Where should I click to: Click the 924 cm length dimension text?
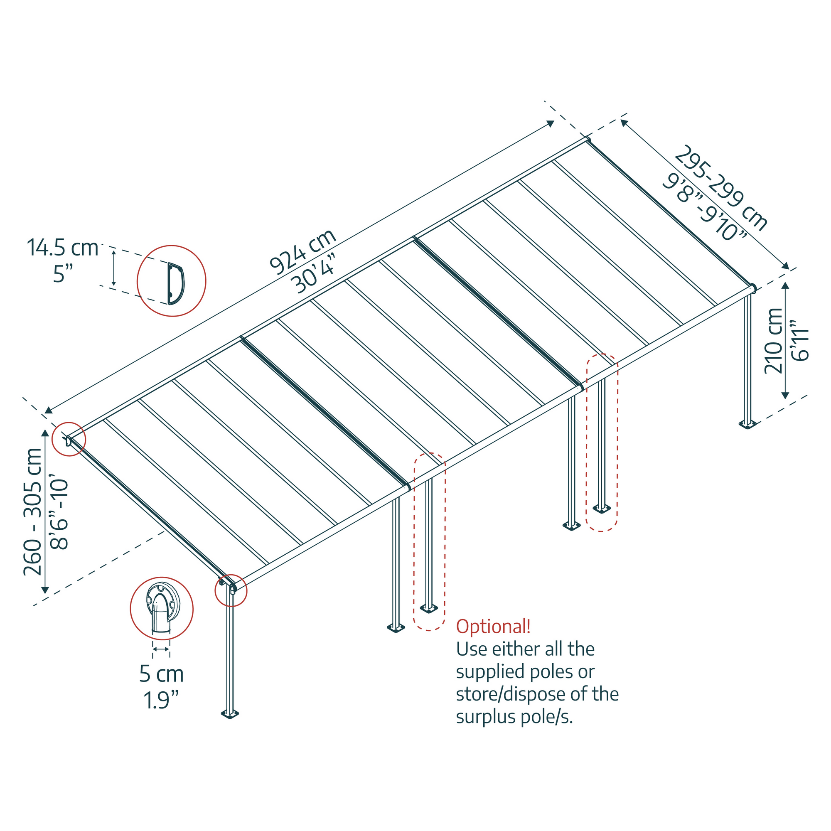pos(302,252)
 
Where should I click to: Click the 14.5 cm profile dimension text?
pos(63,248)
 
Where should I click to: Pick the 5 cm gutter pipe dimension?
pos(161,674)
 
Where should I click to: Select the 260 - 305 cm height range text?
pos(33,512)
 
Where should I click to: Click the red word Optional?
pos(493,626)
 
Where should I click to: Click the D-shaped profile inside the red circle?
pos(175,283)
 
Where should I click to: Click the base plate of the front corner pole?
pos(230,714)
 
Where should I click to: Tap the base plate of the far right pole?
pos(747,425)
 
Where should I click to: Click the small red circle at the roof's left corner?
pos(69,440)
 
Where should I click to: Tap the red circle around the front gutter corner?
pos(231,590)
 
